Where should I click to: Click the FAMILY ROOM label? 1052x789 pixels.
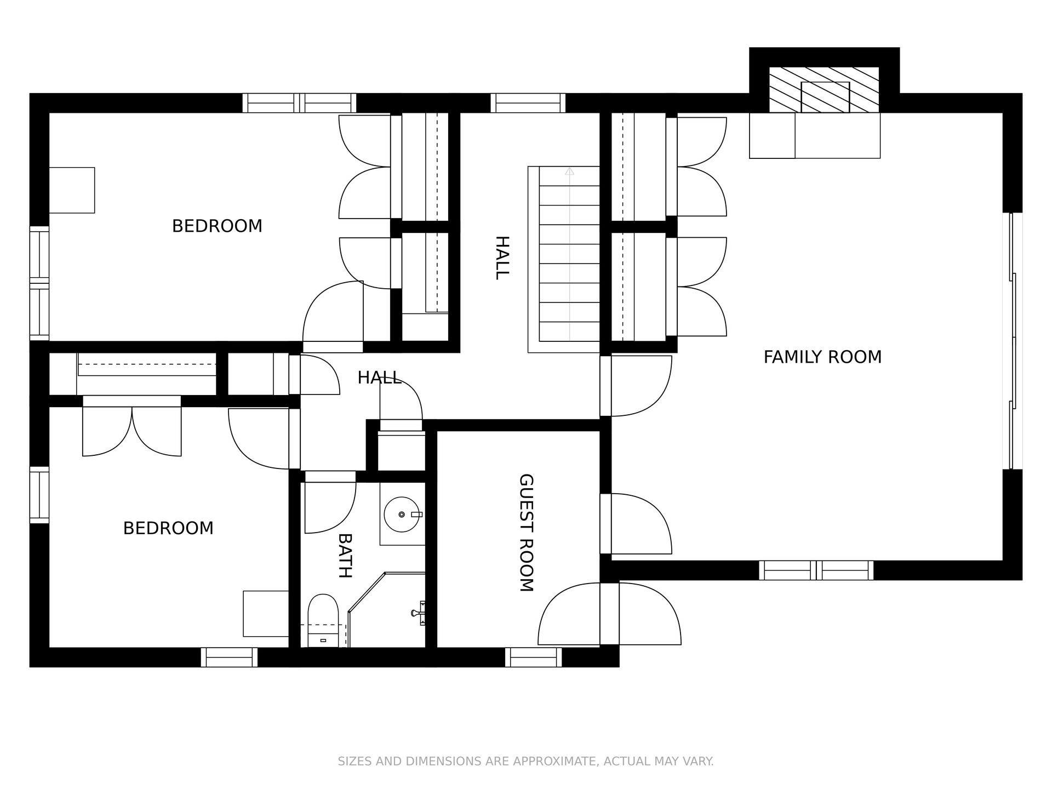coord(822,357)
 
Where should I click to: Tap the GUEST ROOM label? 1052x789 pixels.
coord(526,533)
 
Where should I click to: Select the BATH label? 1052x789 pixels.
coord(345,556)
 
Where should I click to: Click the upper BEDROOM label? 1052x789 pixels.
coord(217,226)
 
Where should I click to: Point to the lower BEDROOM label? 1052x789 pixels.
coord(168,528)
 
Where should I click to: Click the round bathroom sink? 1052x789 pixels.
coord(403,514)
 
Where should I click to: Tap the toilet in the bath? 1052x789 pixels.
coord(323,621)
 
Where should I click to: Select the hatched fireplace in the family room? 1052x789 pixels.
coord(824,90)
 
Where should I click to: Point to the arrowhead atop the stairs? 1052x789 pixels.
coord(570,171)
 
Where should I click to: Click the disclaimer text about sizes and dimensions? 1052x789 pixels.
coord(525,761)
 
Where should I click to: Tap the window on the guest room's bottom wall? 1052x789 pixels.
coord(533,657)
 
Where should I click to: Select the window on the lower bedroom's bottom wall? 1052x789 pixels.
coord(229,657)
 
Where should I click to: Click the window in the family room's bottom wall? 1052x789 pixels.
coord(816,570)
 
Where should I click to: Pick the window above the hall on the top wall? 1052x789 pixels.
coord(528,103)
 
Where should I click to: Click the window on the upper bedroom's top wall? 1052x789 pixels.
coord(299,103)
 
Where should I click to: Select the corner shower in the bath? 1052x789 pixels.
coord(387,610)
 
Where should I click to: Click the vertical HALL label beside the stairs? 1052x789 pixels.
coord(502,258)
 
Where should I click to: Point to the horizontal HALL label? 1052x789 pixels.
coord(380,378)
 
